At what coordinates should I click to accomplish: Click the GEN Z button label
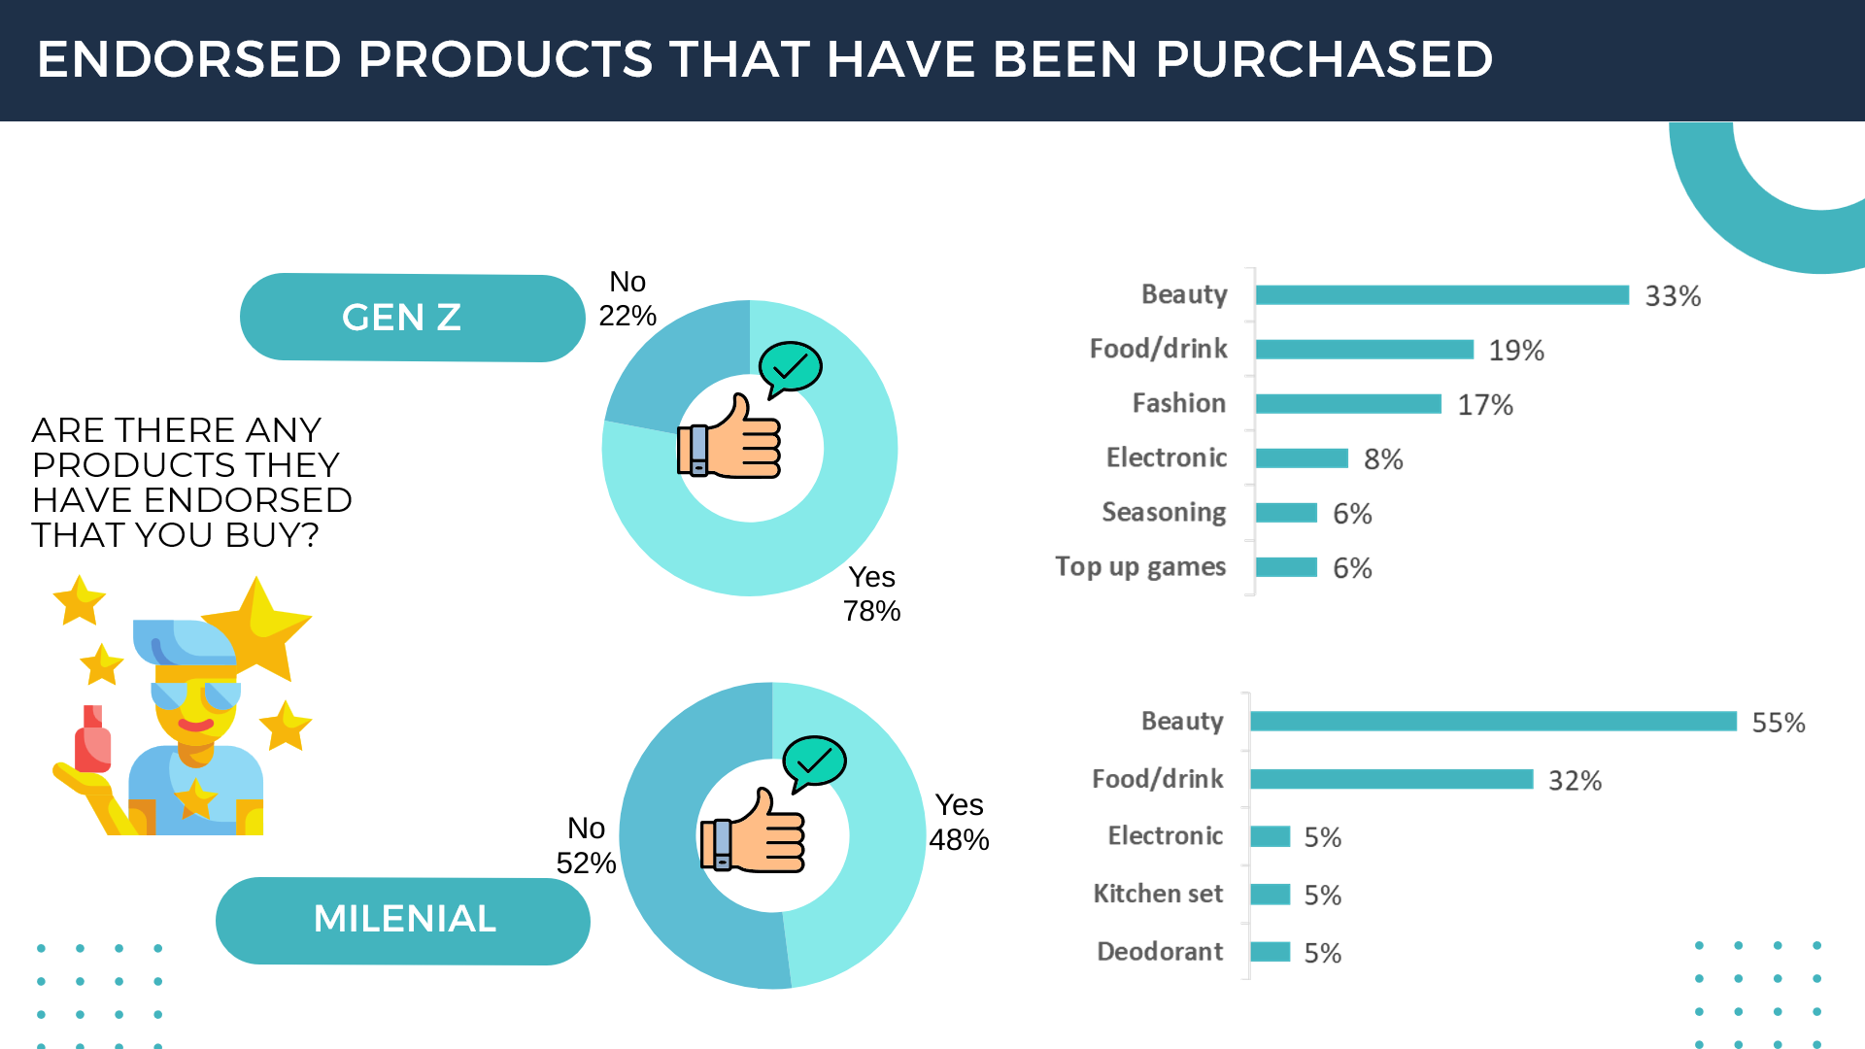tap(402, 318)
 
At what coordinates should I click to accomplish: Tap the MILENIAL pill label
tap(404, 919)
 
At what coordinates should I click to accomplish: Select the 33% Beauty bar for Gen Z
tap(1441, 295)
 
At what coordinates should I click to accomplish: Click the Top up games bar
tap(1286, 567)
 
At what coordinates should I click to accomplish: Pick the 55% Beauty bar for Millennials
tap(1493, 722)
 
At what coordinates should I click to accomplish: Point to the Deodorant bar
tap(1270, 952)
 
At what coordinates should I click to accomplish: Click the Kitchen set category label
tap(1158, 894)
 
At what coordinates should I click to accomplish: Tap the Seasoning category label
tap(1164, 512)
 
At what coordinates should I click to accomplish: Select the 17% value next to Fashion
tap(1485, 405)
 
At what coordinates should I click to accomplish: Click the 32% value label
tap(1575, 781)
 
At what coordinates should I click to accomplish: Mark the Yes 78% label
tap(871, 593)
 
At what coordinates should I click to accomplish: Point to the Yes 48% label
tap(959, 823)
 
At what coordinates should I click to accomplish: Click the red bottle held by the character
tap(92, 743)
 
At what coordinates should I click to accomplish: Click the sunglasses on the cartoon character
tap(195, 695)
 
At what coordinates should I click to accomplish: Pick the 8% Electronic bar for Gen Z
tap(1302, 458)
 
